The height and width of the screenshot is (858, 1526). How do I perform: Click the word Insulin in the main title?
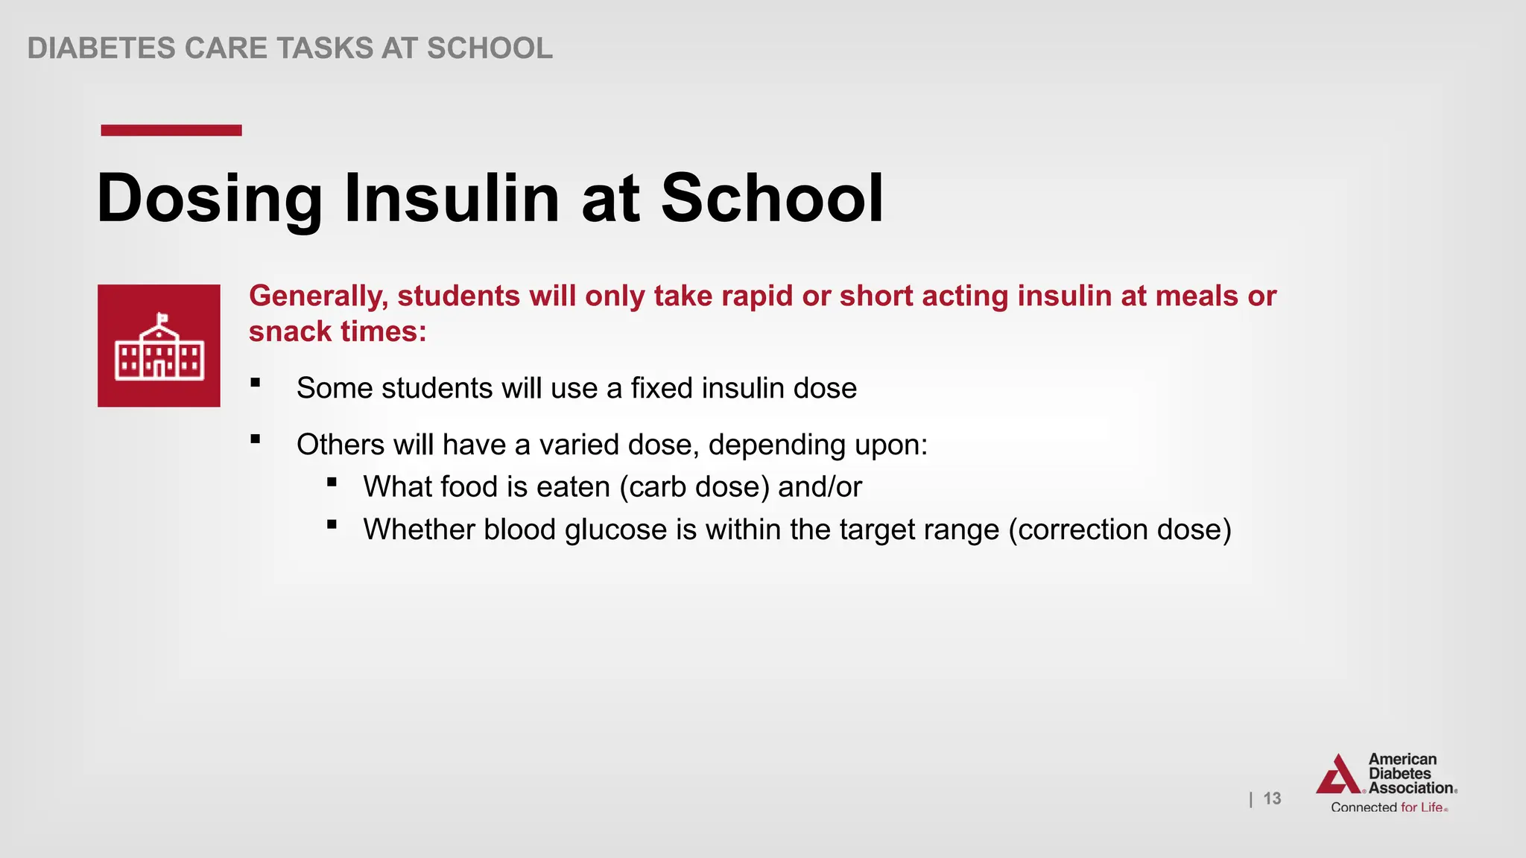(451, 198)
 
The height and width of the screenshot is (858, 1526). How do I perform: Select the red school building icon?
(159, 346)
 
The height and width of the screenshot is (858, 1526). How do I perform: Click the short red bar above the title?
(171, 130)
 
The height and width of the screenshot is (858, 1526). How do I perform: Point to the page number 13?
(1272, 798)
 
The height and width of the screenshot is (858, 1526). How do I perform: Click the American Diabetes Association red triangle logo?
(1340, 775)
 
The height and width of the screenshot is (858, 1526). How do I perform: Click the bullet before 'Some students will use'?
(256, 383)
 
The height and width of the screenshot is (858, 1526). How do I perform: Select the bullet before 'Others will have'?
(256, 439)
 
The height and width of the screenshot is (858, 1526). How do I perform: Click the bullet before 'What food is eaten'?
(332, 482)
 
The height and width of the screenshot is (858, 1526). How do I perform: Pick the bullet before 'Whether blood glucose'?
(332, 525)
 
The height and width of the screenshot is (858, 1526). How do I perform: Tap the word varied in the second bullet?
(579, 445)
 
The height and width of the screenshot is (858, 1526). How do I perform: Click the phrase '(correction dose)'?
(1119, 530)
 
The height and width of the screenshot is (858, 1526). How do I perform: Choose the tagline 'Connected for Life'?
(1389, 807)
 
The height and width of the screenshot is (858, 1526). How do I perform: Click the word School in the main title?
(772, 198)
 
